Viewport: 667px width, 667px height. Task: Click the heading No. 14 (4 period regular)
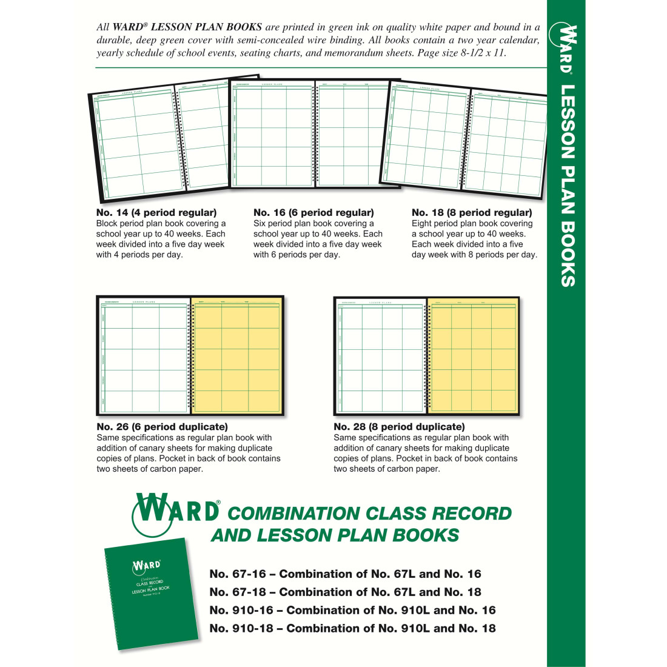[156, 213]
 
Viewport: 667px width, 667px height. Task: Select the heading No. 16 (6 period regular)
[313, 213]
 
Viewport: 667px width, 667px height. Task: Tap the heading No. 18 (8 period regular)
[472, 213]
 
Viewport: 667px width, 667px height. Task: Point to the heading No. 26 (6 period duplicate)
[163, 427]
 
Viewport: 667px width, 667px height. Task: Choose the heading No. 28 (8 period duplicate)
[399, 427]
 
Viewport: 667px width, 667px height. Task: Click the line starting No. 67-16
[345, 574]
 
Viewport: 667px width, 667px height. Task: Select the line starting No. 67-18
[345, 592]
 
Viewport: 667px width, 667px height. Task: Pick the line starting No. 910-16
[352, 610]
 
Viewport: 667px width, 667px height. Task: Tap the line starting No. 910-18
[352, 628]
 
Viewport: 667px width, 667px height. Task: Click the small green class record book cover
[152, 593]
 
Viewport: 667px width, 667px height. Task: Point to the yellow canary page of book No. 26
[236, 356]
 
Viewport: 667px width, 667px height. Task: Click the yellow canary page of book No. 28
[473, 356]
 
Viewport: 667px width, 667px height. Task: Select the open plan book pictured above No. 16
[314, 133]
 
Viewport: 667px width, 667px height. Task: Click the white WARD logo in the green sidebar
[565, 49]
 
